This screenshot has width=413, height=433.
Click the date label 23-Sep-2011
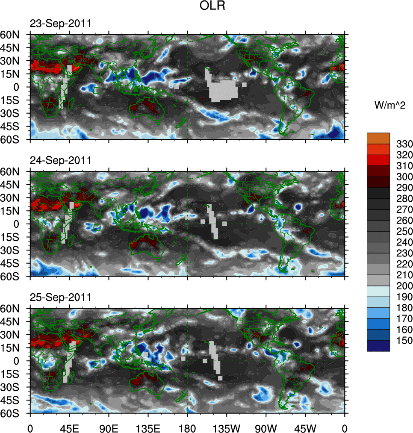(x=60, y=24)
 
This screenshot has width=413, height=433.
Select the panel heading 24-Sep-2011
(x=60, y=161)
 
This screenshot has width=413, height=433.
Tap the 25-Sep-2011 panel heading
(x=60, y=298)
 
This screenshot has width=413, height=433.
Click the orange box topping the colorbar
(x=378, y=138)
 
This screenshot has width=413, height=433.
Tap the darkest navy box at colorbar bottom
(x=378, y=346)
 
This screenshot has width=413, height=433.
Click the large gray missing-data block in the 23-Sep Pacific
(x=222, y=89)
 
